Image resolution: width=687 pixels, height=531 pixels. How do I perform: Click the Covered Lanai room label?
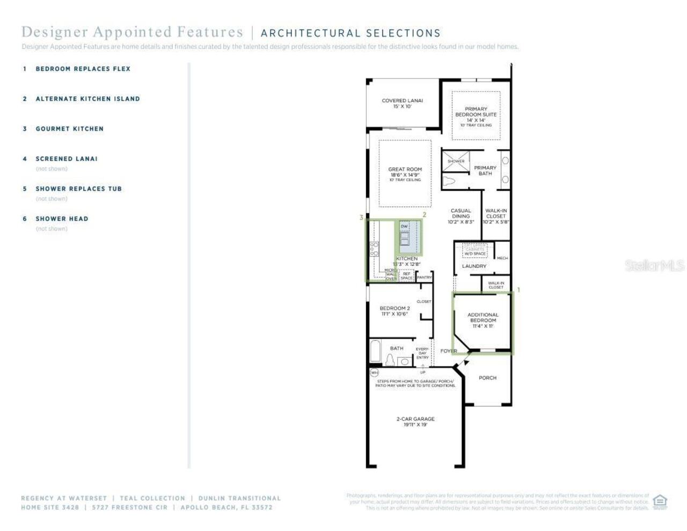point(402,103)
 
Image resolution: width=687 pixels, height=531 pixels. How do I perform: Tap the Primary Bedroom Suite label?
point(476,114)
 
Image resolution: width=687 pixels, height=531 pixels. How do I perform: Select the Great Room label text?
point(405,172)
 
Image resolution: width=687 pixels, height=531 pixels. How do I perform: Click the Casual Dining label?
point(461,216)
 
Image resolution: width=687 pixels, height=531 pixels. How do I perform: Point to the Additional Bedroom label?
point(483,320)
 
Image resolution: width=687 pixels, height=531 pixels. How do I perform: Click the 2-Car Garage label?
point(415,421)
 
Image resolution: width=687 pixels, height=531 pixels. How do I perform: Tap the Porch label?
point(487,378)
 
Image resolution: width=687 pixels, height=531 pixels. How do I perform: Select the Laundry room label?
point(474,266)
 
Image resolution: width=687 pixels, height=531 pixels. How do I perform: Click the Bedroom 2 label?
point(394,311)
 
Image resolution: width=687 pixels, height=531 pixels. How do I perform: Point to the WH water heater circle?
point(374,372)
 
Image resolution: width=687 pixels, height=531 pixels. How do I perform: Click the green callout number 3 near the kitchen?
point(362,217)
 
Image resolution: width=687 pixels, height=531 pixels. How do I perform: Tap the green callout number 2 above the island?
point(424,215)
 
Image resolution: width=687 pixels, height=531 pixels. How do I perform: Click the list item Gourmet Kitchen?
point(69,129)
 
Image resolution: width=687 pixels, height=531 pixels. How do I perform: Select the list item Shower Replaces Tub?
point(78,189)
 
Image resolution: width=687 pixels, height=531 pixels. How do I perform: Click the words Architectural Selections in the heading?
point(350,33)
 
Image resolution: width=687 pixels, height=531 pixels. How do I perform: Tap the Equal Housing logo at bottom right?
point(660,501)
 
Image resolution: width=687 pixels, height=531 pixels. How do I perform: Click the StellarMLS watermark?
point(654,265)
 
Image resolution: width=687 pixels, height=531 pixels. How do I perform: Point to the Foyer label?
point(449,351)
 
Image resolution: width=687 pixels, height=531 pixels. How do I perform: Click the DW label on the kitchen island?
point(404,227)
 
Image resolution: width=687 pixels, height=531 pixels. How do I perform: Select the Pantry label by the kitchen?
point(424,278)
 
